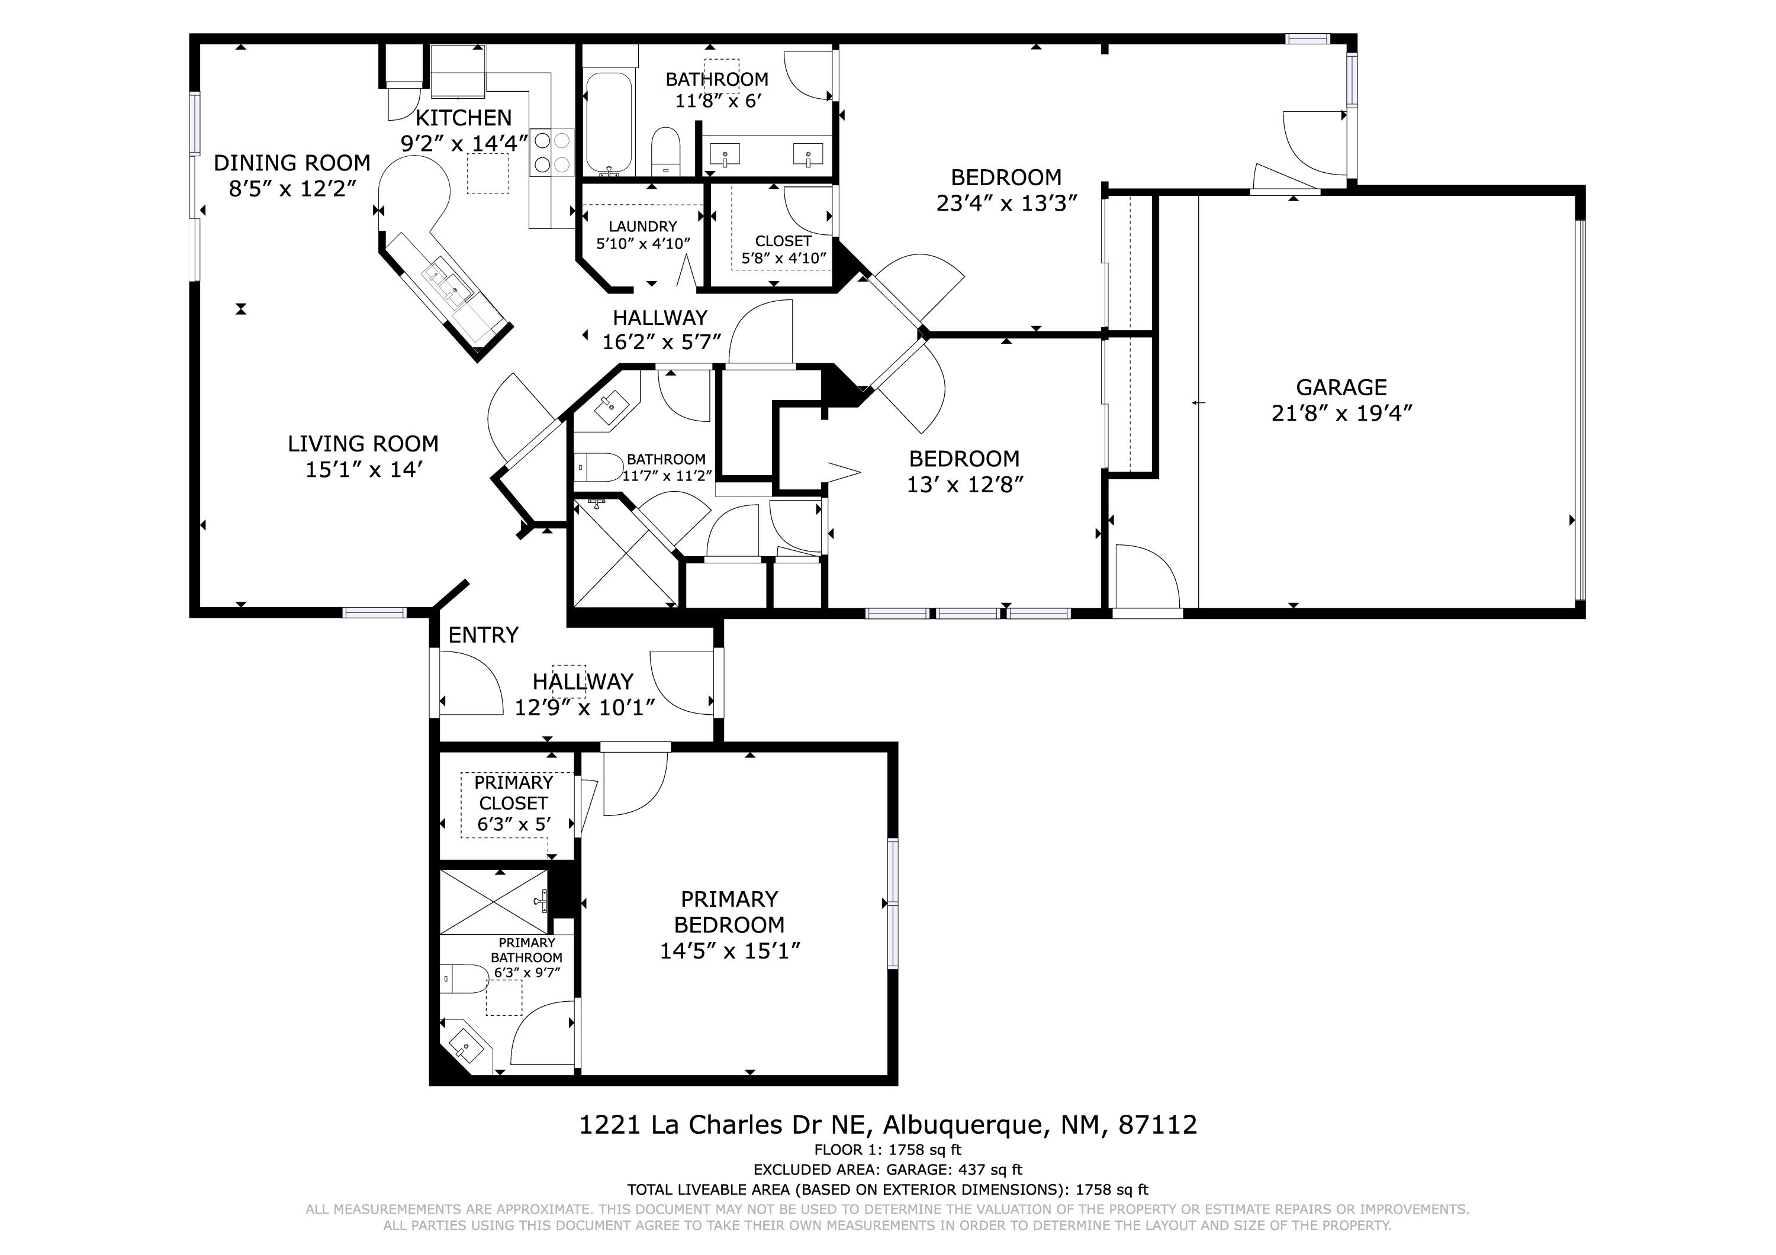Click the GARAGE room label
[x=1341, y=388]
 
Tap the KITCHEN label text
[x=464, y=118]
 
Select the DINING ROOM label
[x=292, y=163]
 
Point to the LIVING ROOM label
[x=363, y=444]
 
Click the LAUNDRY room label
[x=643, y=227]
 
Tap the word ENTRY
[x=484, y=635]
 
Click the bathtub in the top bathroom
[x=609, y=124]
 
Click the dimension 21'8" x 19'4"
[x=1341, y=414]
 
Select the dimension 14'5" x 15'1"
[x=729, y=951]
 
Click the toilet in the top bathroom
[x=665, y=151]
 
